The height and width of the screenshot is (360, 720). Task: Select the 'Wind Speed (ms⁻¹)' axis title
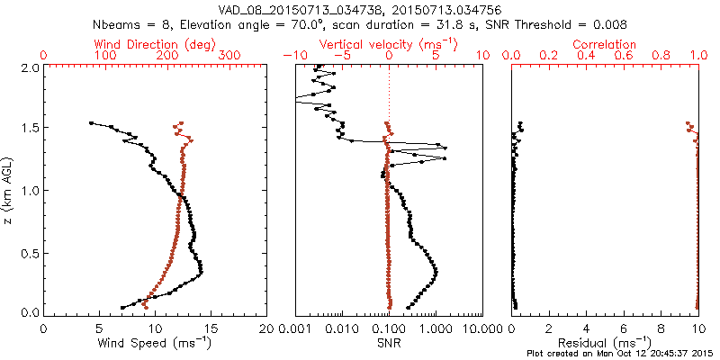click(x=155, y=343)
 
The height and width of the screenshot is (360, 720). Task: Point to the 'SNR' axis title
click(x=389, y=343)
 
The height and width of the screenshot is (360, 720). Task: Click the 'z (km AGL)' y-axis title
click(x=8, y=190)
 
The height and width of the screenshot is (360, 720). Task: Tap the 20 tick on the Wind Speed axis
click(x=266, y=328)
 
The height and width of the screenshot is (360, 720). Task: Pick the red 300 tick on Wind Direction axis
click(x=230, y=55)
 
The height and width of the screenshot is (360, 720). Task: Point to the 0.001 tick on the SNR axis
click(x=296, y=328)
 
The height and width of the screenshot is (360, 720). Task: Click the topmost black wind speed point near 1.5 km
click(x=91, y=123)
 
